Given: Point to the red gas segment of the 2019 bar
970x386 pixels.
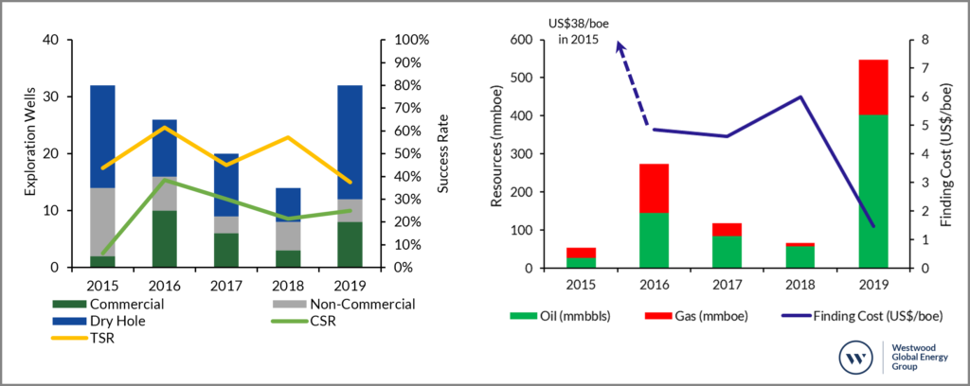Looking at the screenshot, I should pos(872,87).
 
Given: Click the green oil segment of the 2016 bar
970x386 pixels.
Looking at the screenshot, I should pos(654,240).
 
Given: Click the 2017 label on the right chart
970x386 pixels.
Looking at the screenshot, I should pos(727,284).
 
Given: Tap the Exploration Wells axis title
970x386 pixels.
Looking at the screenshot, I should pos(30,154).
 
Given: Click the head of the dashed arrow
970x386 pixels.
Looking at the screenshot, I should pos(620,45).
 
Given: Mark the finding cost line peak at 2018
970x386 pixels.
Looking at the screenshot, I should pos(800,96).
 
